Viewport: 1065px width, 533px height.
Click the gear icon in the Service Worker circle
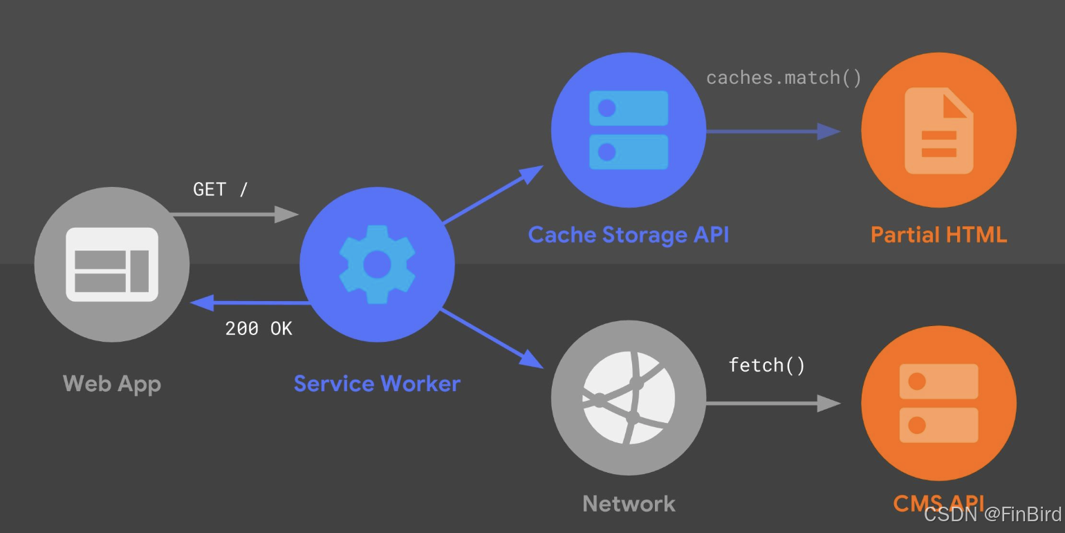pyautogui.click(x=377, y=264)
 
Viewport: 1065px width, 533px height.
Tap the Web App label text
pyautogui.click(x=112, y=383)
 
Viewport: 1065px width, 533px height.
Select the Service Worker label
pyautogui.click(x=377, y=383)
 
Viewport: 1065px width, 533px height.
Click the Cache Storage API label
pyautogui.click(x=628, y=235)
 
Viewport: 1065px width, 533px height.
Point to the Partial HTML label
pyautogui.click(x=938, y=235)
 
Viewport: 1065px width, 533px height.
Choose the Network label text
pyautogui.click(x=629, y=503)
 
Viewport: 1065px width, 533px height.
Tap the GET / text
pyautogui.click(x=220, y=189)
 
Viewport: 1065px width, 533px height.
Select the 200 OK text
pyautogui.click(x=259, y=328)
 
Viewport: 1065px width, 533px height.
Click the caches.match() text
pyautogui.click(x=784, y=78)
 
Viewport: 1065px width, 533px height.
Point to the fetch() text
pyautogui.click(x=767, y=365)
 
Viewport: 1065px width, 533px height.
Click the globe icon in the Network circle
pyautogui.click(x=629, y=397)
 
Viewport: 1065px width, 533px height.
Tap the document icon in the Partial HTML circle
pyautogui.click(x=938, y=130)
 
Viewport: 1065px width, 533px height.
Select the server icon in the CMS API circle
pyautogui.click(x=938, y=403)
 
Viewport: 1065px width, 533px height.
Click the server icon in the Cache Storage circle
pyautogui.click(x=629, y=130)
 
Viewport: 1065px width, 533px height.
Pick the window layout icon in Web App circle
pyautogui.click(x=112, y=264)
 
